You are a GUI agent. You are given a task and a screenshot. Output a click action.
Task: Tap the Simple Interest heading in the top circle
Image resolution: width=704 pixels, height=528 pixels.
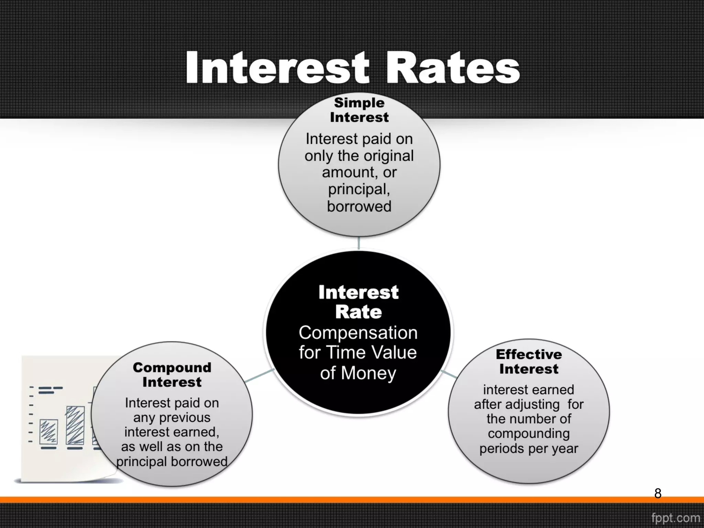click(359, 110)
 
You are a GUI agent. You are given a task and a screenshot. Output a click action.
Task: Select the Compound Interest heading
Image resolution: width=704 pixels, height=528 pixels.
click(172, 375)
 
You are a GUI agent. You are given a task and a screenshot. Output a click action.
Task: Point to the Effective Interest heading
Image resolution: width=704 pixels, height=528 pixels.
click(529, 361)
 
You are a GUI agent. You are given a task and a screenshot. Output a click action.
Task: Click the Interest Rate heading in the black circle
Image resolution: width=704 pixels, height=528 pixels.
click(358, 302)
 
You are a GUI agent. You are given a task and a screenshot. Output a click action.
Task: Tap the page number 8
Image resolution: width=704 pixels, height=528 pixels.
click(658, 493)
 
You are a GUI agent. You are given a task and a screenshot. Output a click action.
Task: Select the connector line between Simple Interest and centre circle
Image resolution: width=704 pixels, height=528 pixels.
click(359, 243)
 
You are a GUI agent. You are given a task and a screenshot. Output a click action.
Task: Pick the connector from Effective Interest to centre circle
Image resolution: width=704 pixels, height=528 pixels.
click(449, 374)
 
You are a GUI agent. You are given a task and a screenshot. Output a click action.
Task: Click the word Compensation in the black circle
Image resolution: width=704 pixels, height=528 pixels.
click(358, 333)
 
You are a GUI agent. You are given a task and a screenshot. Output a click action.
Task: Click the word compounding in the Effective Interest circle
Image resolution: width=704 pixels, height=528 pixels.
click(529, 434)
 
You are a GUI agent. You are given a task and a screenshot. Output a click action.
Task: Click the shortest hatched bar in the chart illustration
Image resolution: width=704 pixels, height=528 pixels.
click(48, 432)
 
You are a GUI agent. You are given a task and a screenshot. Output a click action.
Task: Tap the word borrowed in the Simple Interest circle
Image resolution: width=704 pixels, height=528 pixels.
click(359, 206)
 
